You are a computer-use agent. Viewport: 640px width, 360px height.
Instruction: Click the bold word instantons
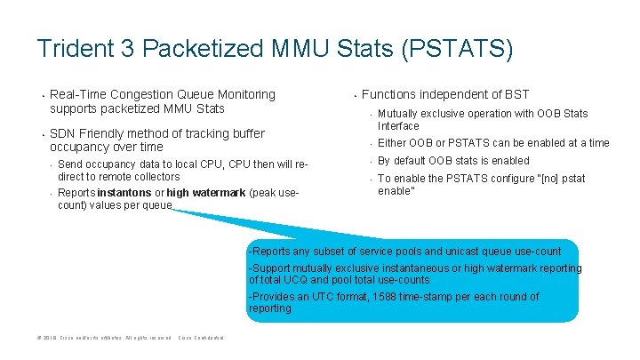[124, 193]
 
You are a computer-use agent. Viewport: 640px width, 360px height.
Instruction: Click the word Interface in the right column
[398, 125]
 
